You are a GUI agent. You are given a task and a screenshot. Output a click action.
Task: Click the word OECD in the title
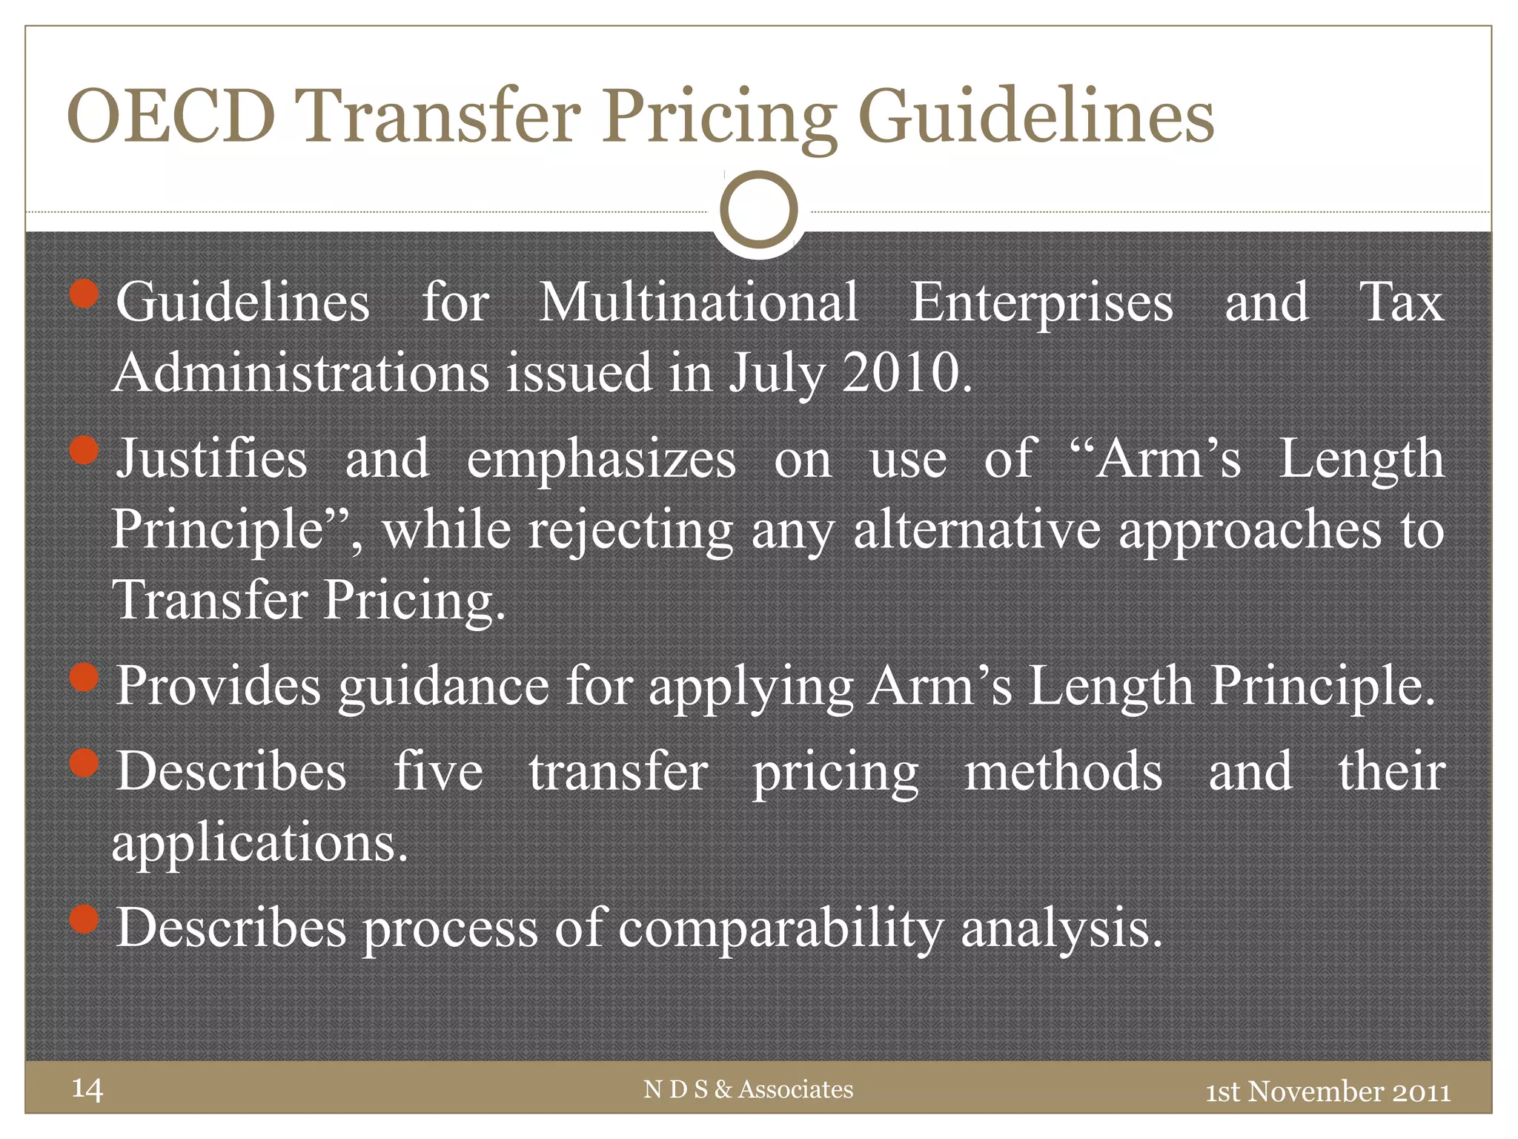[170, 116]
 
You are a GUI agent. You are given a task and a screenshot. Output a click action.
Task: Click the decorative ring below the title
[758, 210]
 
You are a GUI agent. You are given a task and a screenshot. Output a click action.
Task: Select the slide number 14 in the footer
[87, 1089]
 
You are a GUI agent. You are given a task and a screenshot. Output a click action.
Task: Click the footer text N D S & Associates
[749, 1089]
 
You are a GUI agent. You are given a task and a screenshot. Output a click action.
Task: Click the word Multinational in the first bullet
[699, 303]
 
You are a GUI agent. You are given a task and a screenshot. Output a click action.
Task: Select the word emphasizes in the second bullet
[601, 459]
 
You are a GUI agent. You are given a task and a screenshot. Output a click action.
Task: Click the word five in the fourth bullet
[438, 771]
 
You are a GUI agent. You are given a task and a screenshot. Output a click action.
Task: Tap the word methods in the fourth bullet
[1063, 771]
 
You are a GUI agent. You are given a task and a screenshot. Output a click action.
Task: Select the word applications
[259, 843]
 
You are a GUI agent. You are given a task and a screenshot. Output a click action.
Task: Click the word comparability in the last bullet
[781, 928]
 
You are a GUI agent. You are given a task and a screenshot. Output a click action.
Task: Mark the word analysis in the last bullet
[1061, 928]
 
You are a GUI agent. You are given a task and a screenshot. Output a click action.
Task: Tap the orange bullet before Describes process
[84, 920]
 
